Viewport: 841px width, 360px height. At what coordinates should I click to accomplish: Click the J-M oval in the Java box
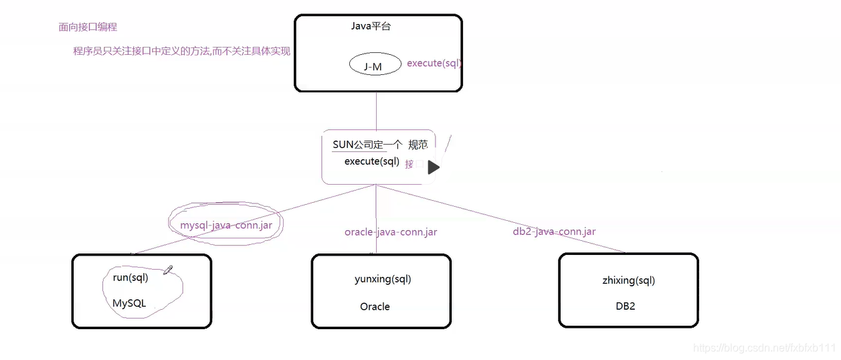[375, 66]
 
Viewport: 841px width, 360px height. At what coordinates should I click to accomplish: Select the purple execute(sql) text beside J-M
[434, 64]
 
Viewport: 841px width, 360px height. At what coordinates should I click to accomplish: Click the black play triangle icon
[434, 167]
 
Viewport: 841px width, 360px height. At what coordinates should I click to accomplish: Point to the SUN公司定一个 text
[367, 145]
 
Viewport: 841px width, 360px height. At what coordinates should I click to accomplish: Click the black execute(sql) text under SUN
[371, 161]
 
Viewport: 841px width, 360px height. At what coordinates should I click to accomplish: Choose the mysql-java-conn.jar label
[226, 226]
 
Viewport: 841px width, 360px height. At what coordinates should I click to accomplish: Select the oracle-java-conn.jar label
[391, 232]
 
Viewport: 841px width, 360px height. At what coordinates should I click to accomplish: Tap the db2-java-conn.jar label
[554, 232]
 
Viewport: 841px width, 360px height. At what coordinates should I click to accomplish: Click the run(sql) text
[130, 277]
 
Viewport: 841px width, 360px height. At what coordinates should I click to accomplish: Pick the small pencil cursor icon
[167, 270]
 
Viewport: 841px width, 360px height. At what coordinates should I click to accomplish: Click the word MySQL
[129, 303]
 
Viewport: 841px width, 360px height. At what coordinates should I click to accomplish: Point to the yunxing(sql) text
[383, 279]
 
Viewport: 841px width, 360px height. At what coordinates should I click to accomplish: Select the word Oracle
[375, 306]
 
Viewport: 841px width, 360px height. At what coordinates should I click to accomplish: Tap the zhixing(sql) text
[628, 280]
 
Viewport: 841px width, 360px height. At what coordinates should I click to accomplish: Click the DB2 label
[626, 306]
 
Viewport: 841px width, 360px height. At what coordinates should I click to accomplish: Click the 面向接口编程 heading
[88, 27]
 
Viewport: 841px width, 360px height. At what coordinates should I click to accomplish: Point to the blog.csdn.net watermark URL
[765, 348]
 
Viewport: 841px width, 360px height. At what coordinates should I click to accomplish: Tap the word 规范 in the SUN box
[417, 145]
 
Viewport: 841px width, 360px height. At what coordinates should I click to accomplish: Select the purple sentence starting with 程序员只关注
[182, 51]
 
